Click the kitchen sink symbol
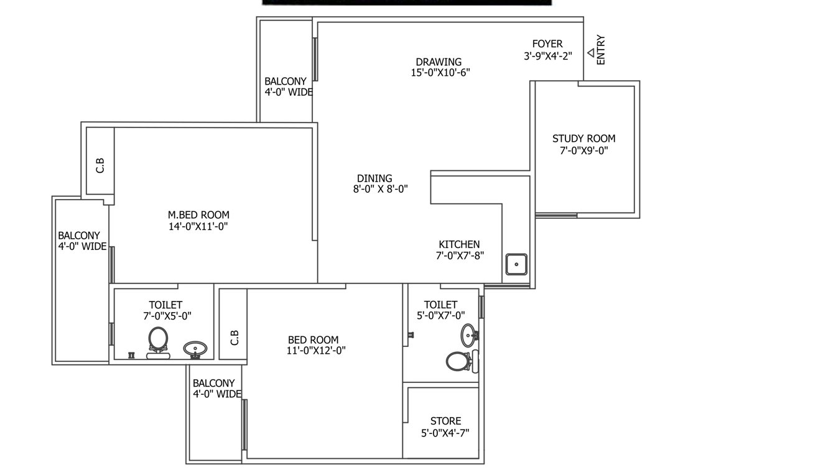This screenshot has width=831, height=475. [x=516, y=264]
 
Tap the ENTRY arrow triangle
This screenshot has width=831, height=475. [x=591, y=53]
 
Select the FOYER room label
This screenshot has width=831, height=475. [x=547, y=44]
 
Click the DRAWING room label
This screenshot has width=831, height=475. [x=439, y=62]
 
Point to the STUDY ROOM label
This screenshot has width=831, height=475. [x=584, y=139]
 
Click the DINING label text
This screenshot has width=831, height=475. [x=374, y=178]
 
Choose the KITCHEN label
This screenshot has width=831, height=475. [x=459, y=244]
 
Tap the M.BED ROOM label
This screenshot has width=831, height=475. [x=198, y=215]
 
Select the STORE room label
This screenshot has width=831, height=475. [x=445, y=422]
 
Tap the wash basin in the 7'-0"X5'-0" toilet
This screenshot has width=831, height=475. [x=195, y=349]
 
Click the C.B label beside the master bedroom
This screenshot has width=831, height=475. [x=100, y=165]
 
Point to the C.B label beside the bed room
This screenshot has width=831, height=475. [x=234, y=338]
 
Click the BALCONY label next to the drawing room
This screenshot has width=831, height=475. [x=286, y=81]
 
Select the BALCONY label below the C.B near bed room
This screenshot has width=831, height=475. [x=213, y=384]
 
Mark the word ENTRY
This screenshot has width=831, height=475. [x=601, y=50]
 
